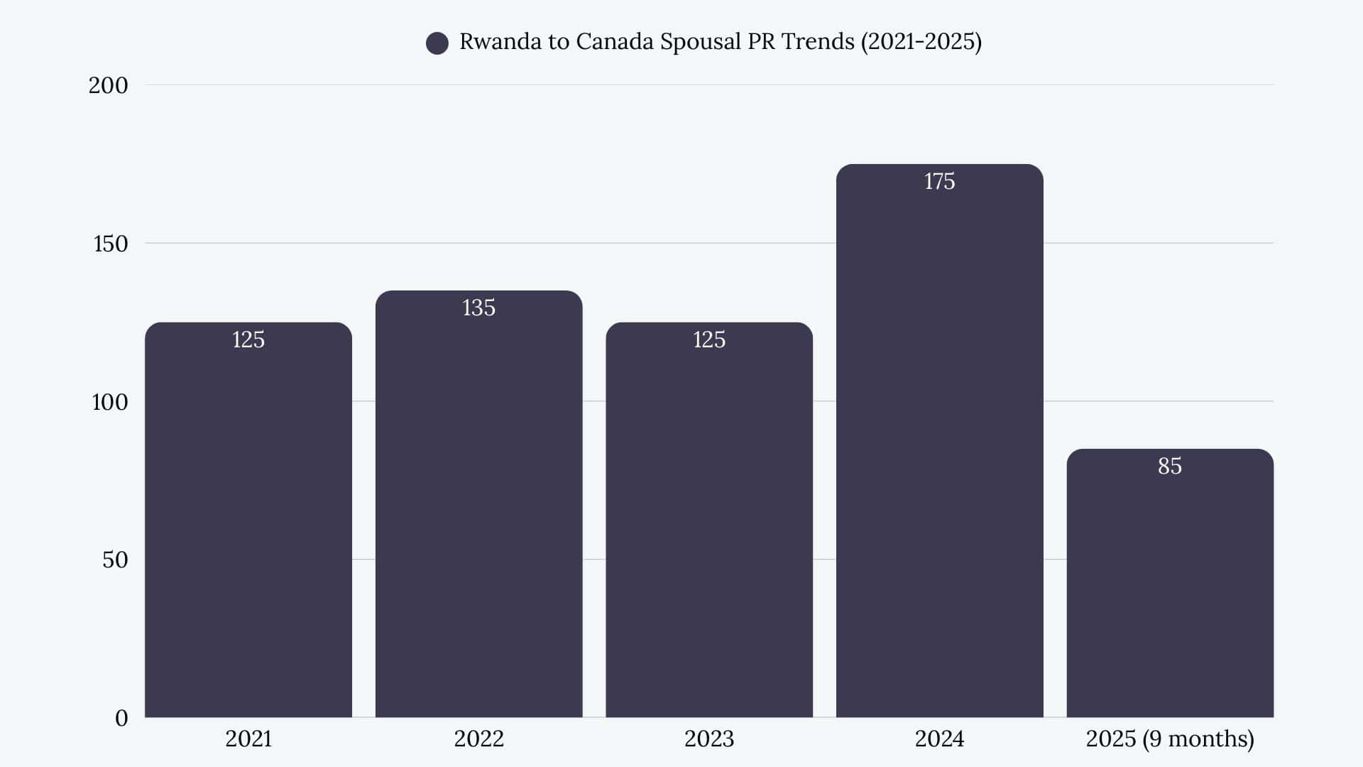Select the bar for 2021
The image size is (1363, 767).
(248, 526)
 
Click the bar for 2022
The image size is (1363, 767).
(478, 511)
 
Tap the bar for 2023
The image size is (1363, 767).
(709, 526)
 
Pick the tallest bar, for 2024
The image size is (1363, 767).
(939, 447)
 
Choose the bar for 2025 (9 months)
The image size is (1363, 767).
(1170, 589)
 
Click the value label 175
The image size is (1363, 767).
(939, 182)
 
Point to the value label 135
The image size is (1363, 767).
(478, 308)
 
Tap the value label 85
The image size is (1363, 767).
(1170, 466)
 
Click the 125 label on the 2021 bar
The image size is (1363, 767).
(248, 339)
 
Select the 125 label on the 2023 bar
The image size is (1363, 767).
(709, 339)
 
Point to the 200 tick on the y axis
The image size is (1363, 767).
(108, 85)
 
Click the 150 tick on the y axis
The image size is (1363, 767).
(111, 244)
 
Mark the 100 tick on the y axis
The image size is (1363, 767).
(110, 402)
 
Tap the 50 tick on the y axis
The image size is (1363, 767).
(115, 560)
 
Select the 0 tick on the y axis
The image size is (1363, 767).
(121, 718)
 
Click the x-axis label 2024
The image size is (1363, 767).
(939, 739)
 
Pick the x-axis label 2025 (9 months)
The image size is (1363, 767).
(1170, 739)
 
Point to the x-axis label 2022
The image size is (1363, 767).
(478, 739)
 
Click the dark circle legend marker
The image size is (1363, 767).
(437, 43)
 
